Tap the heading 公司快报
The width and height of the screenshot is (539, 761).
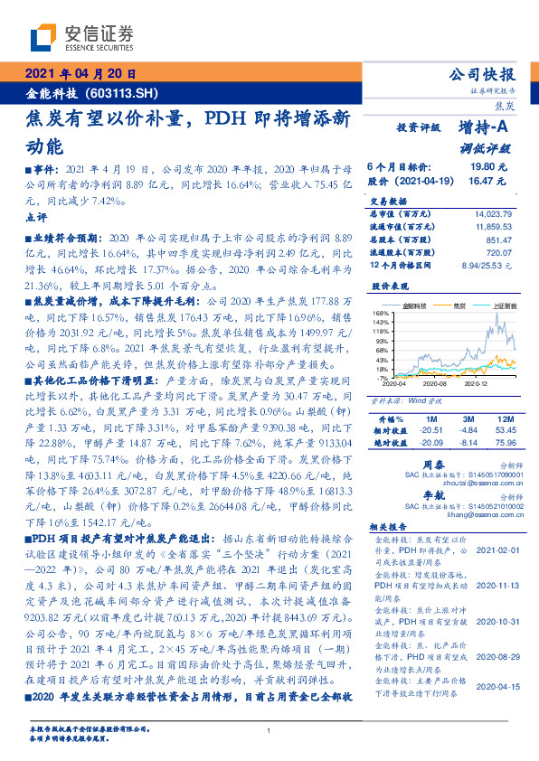click(483, 75)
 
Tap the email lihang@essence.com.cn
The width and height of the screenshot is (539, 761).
click(475, 516)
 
